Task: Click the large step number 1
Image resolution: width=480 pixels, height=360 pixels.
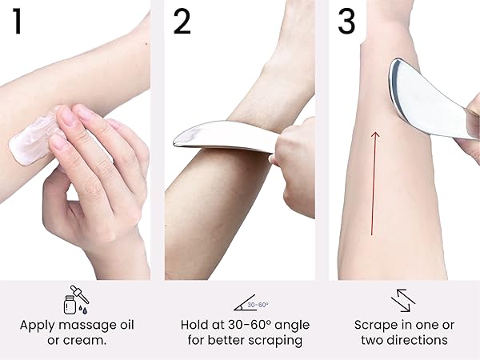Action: [x=18, y=22]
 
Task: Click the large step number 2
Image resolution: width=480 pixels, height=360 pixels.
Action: [x=182, y=22]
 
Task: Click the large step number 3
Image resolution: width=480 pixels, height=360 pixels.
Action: [x=346, y=22]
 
